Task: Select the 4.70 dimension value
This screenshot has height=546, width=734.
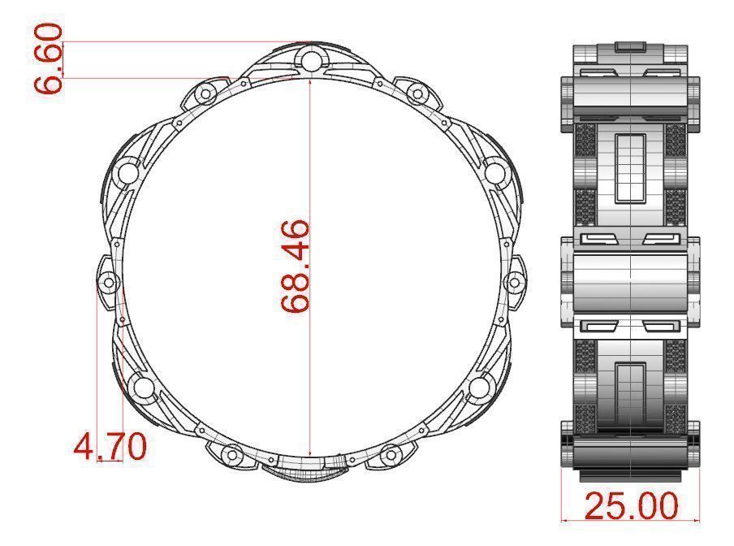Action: coord(110,446)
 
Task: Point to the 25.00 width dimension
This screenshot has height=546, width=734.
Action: coord(631,505)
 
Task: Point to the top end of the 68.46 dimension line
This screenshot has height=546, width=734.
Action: coord(309,80)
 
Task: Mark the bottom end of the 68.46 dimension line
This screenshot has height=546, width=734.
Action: coord(309,457)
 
